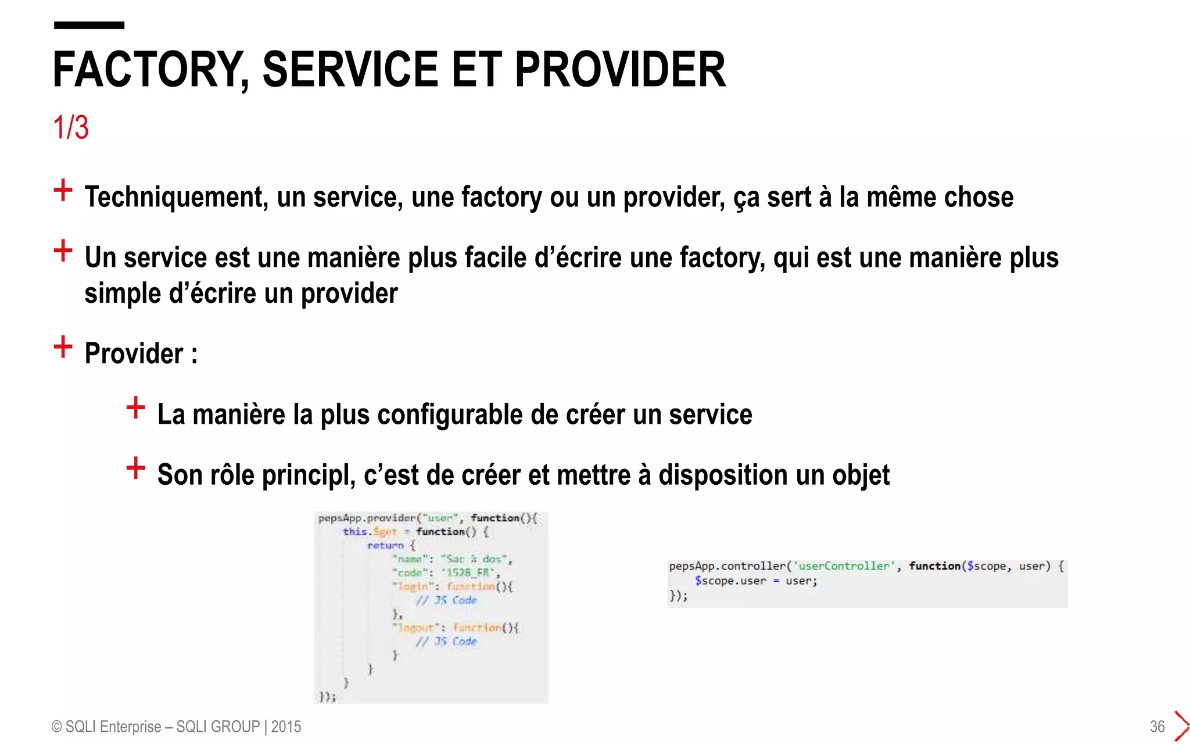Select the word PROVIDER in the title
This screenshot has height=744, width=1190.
620,70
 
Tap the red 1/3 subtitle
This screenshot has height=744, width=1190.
70,127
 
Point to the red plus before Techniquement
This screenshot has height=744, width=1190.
63,190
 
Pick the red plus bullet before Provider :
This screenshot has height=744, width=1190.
63,347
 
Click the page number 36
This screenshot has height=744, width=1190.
1157,727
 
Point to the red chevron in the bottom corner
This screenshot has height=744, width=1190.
1181,726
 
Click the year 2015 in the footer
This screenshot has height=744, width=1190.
286,727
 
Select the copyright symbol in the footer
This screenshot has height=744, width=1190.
57,727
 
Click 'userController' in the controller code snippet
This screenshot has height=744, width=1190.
844,566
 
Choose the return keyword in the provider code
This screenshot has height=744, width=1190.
385,546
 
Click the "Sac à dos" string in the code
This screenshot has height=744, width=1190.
476,559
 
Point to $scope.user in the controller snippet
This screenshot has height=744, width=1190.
730,581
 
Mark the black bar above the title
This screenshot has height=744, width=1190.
89,25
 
